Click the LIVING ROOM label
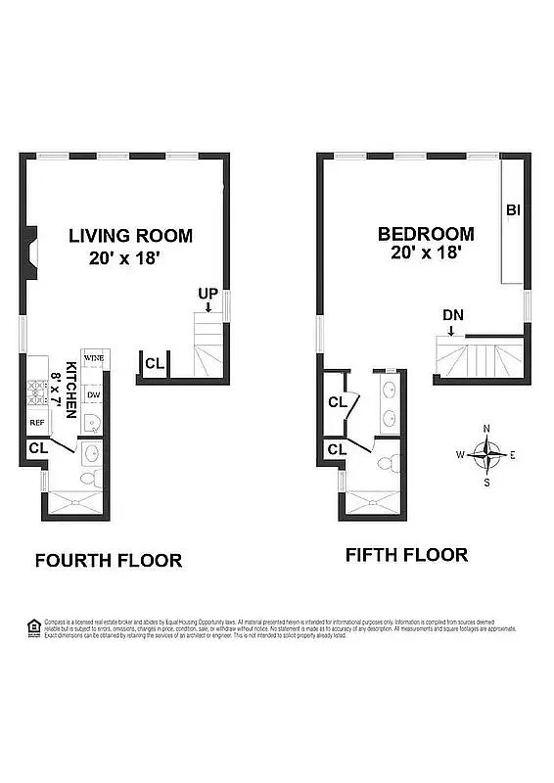[x=130, y=236]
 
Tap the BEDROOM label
[x=426, y=235]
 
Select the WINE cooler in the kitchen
[x=93, y=359]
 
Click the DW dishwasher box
[x=93, y=394]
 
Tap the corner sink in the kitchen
[x=91, y=424]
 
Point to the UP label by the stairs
[x=207, y=294]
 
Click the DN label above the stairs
[x=452, y=315]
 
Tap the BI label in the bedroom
[x=513, y=210]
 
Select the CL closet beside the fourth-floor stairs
[x=155, y=363]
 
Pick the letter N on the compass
[x=486, y=428]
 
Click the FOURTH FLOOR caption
[x=108, y=561]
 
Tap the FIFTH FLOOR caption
[x=406, y=555]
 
